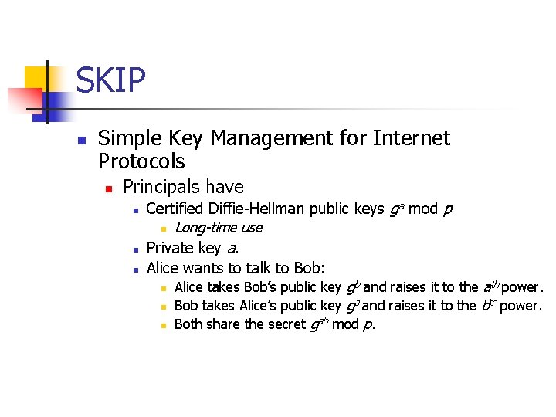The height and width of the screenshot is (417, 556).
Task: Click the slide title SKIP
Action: pos(110,80)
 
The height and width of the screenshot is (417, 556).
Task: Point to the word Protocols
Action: pos(142,161)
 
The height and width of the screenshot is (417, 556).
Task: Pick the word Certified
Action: pos(174,208)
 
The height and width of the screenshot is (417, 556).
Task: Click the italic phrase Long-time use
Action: pos(219,228)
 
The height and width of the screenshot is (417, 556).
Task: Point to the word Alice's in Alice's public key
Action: pos(263,305)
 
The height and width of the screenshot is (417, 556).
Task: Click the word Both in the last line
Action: pos(189,324)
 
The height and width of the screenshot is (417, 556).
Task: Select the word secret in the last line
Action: pos(286,324)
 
